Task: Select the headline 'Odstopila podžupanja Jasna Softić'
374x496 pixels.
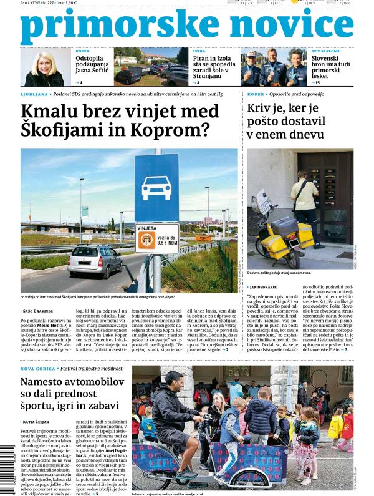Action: pyautogui.click(x=93, y=67)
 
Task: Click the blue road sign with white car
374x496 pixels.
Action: pyautogui.click(x=156, y=188)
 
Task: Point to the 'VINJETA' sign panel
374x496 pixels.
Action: pyautogui.click(x=156, y=238)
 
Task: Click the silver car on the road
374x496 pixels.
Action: pyautogui.click(x=95, y=260)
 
